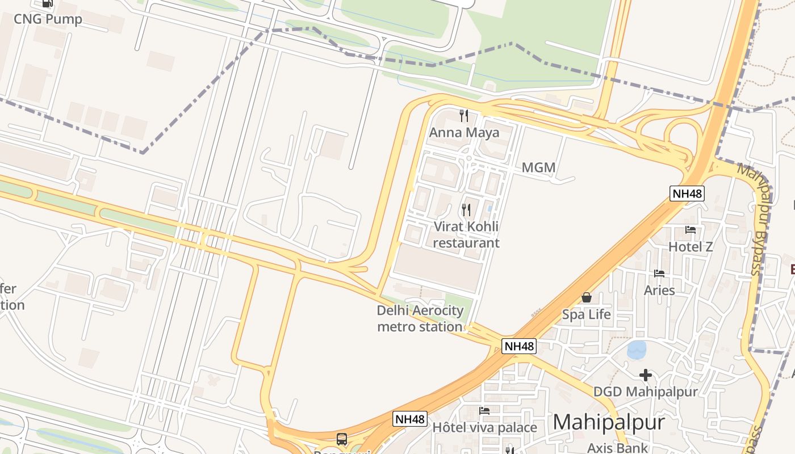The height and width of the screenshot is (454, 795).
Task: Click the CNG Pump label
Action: pos(48,19)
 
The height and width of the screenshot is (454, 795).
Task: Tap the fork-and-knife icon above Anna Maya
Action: pos(464,116)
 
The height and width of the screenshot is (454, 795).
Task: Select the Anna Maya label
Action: pos(464,133)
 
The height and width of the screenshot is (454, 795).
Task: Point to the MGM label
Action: pos(538,167)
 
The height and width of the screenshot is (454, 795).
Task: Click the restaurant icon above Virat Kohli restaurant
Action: pos(466,210)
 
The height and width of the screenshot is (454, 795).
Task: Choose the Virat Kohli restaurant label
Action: pos(466,234)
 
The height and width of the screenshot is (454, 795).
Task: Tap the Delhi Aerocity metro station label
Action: pos(420,318)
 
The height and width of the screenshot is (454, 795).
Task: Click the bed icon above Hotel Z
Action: pos(691,230)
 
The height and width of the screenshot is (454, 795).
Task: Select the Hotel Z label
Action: pos(691,247)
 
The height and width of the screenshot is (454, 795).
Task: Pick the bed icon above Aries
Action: pos(659,274)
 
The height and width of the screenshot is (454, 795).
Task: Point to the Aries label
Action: pos(659,291)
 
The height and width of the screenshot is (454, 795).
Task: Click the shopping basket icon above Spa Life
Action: pos(587,297)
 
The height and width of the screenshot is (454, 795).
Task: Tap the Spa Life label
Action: pos(587,314)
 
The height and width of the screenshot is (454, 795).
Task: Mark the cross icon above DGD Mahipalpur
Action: pos(645,375)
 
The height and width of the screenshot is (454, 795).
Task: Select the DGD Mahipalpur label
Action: pos(645,392)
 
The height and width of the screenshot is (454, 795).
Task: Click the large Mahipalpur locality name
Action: pos(608,422)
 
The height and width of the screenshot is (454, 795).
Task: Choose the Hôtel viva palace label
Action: pos(484,427)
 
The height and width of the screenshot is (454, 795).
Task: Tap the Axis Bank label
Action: pos(617,448)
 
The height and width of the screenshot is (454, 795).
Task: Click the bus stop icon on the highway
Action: pos(342,439)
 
